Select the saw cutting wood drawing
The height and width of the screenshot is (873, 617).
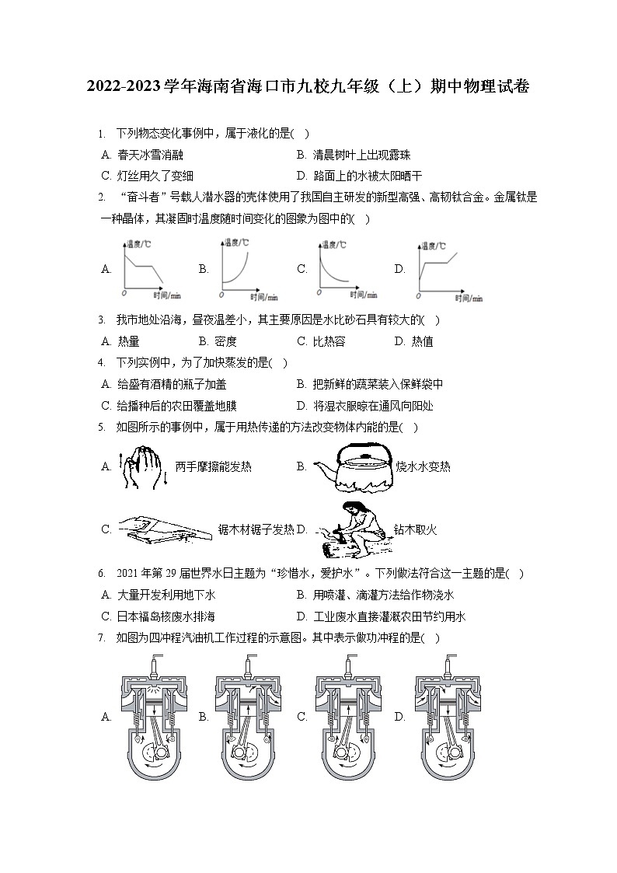tap(163, 529)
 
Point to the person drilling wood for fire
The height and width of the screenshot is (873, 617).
tap(350, 529)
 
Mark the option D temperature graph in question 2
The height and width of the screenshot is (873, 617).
tap(446, 269)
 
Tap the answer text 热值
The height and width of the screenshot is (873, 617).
tap(423, 341)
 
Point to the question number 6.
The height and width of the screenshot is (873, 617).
tap(102, 574)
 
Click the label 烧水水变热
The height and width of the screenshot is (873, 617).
tap(423, 467)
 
